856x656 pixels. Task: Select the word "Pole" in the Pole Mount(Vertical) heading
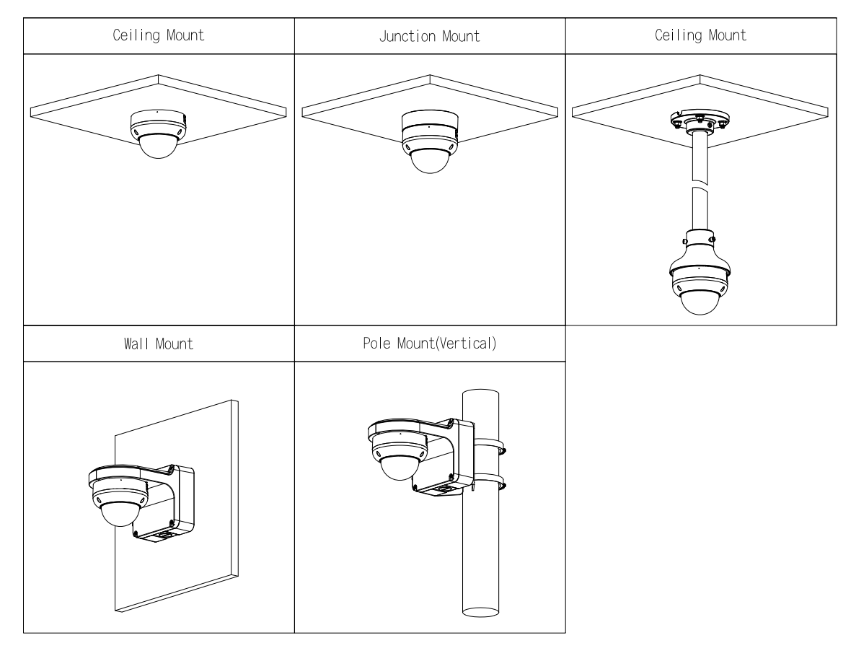(x=376, y=344)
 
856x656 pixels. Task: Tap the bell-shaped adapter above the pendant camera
(x=698, y=249)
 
